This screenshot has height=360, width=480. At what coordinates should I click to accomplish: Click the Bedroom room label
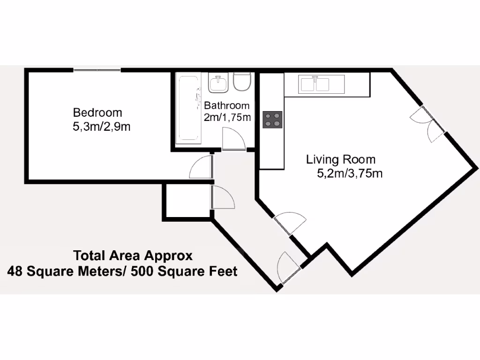97,112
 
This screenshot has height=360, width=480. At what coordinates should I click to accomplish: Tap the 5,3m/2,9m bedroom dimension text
101,127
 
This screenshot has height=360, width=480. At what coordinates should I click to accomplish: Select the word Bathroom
226,105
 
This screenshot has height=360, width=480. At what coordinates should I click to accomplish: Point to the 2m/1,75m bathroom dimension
227,117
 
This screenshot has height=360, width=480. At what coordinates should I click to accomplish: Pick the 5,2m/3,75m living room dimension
350,173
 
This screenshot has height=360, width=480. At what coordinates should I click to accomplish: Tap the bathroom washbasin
218,84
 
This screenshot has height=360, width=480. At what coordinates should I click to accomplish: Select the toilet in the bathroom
242,82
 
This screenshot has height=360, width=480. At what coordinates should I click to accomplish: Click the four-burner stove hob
272,120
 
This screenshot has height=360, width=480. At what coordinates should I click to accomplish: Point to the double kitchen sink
315,84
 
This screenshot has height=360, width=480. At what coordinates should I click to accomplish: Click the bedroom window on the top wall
97,70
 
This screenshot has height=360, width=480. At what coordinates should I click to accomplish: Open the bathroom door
233,140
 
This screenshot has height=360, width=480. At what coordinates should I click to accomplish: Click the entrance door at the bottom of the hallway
288,269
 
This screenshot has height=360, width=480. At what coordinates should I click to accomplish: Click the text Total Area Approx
133,256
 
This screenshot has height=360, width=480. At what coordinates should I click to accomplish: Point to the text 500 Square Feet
184,271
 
